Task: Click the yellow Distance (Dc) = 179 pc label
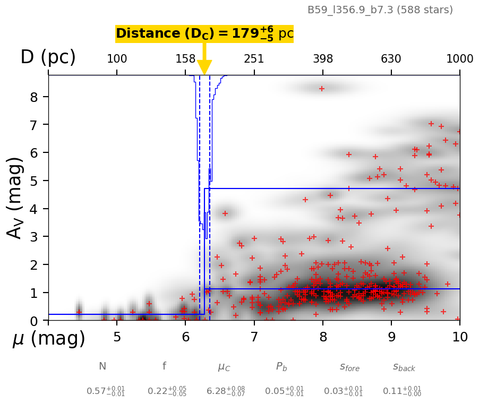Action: coord(204,33)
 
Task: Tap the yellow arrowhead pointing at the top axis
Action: coord(204,67)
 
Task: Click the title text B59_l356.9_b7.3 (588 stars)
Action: coord(380,10)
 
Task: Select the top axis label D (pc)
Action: coord(48,57)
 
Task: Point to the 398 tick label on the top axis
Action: coord(323,59)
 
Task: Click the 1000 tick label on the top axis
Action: coord(460,59)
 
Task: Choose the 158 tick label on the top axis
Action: coord(185,59)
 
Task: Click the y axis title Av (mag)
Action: coord(16,198)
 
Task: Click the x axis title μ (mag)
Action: coord(49,339)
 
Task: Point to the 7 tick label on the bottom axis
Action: coord(254,337)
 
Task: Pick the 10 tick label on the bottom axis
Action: coord(460,337)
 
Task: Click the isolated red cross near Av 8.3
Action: coord(322,89)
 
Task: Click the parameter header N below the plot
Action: coord(102,366)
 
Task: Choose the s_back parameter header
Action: coord(404,367)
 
